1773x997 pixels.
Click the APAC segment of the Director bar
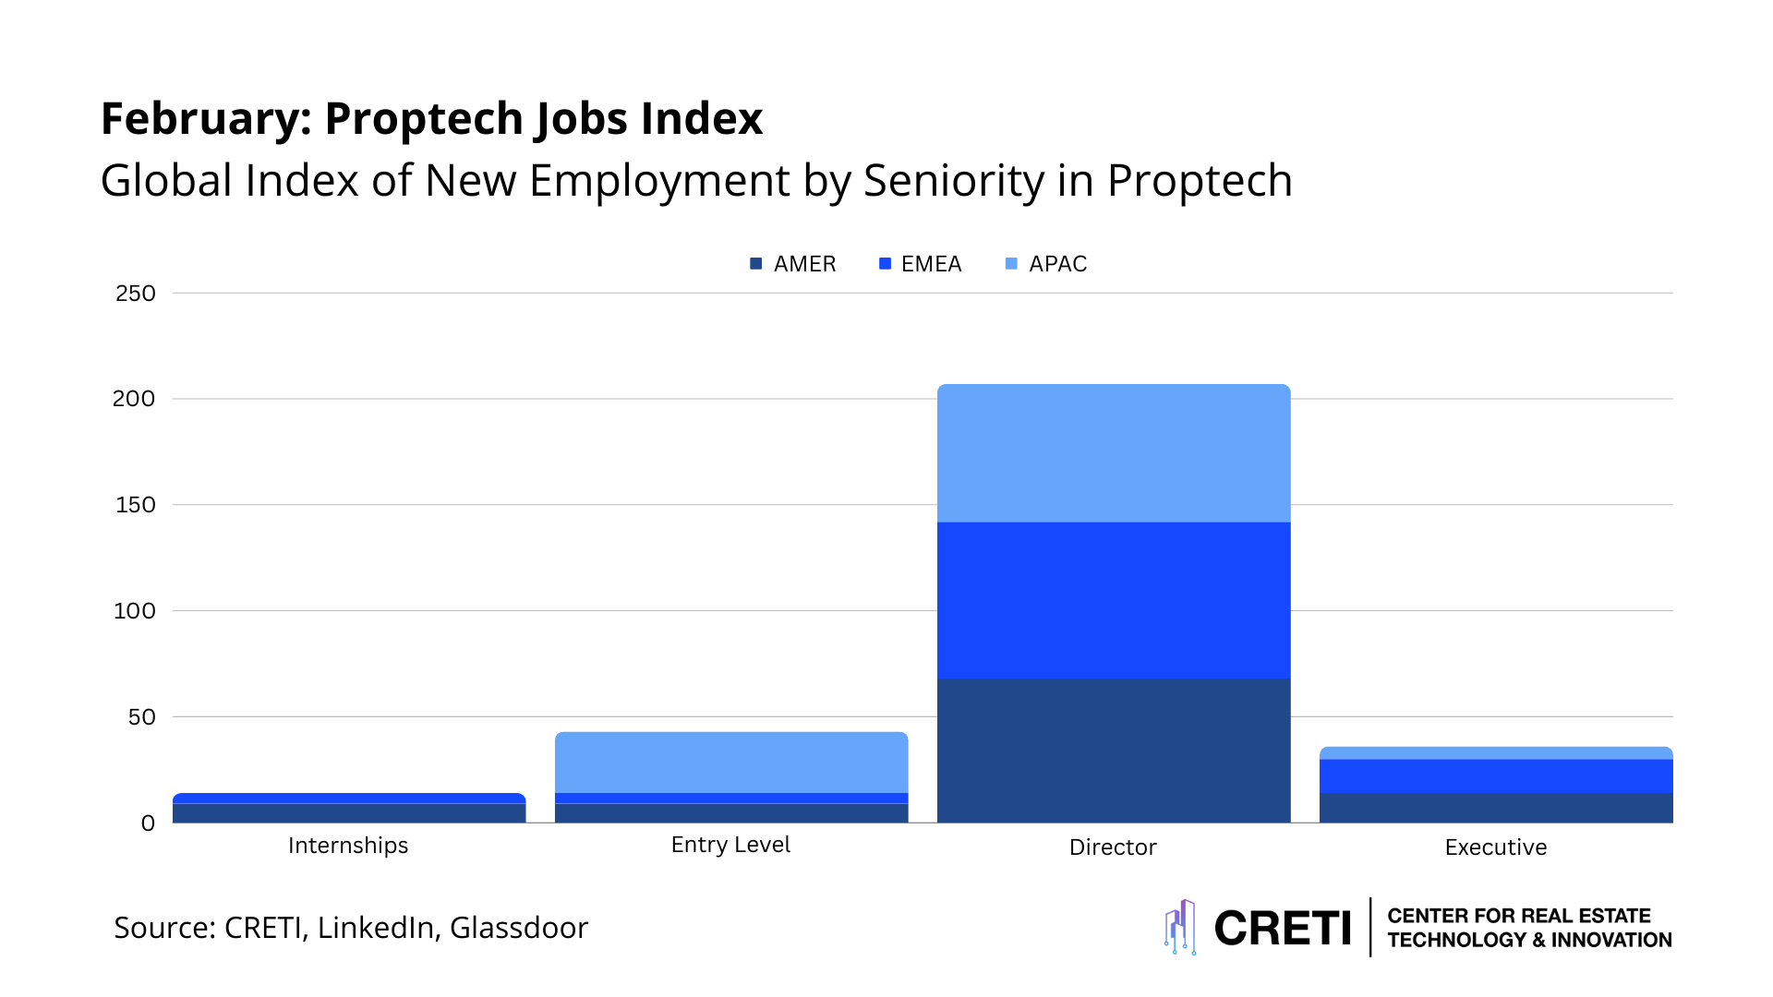(x=1114, y=453)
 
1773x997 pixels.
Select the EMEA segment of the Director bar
(x=1114, y=600)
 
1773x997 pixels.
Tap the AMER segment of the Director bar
(x=1114, y=751)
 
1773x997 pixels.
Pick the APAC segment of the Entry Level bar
(x=731, y=763)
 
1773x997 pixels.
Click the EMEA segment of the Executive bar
(x=1496, y=776)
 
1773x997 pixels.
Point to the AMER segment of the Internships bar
(x=349, y=813)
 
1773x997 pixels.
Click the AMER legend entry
(x=793, y=264)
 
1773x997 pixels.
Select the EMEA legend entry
(x=921, y=264)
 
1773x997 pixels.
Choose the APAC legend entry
(x=1046, y=264)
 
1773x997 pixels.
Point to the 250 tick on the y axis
(x=136, y=294)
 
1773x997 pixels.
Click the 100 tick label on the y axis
(x=135, y=611)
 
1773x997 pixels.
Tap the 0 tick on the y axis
(x=148, y=823)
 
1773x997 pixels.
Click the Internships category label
(x=348, y=846)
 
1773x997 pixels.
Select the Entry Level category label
(x=730, y=845)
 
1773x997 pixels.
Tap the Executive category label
(x=1495, y=847)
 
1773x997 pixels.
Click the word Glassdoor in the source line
(x=519, y=928)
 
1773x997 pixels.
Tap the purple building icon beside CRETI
(x=1180, y=927)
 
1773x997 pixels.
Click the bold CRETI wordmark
(x=1283, y=929)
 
